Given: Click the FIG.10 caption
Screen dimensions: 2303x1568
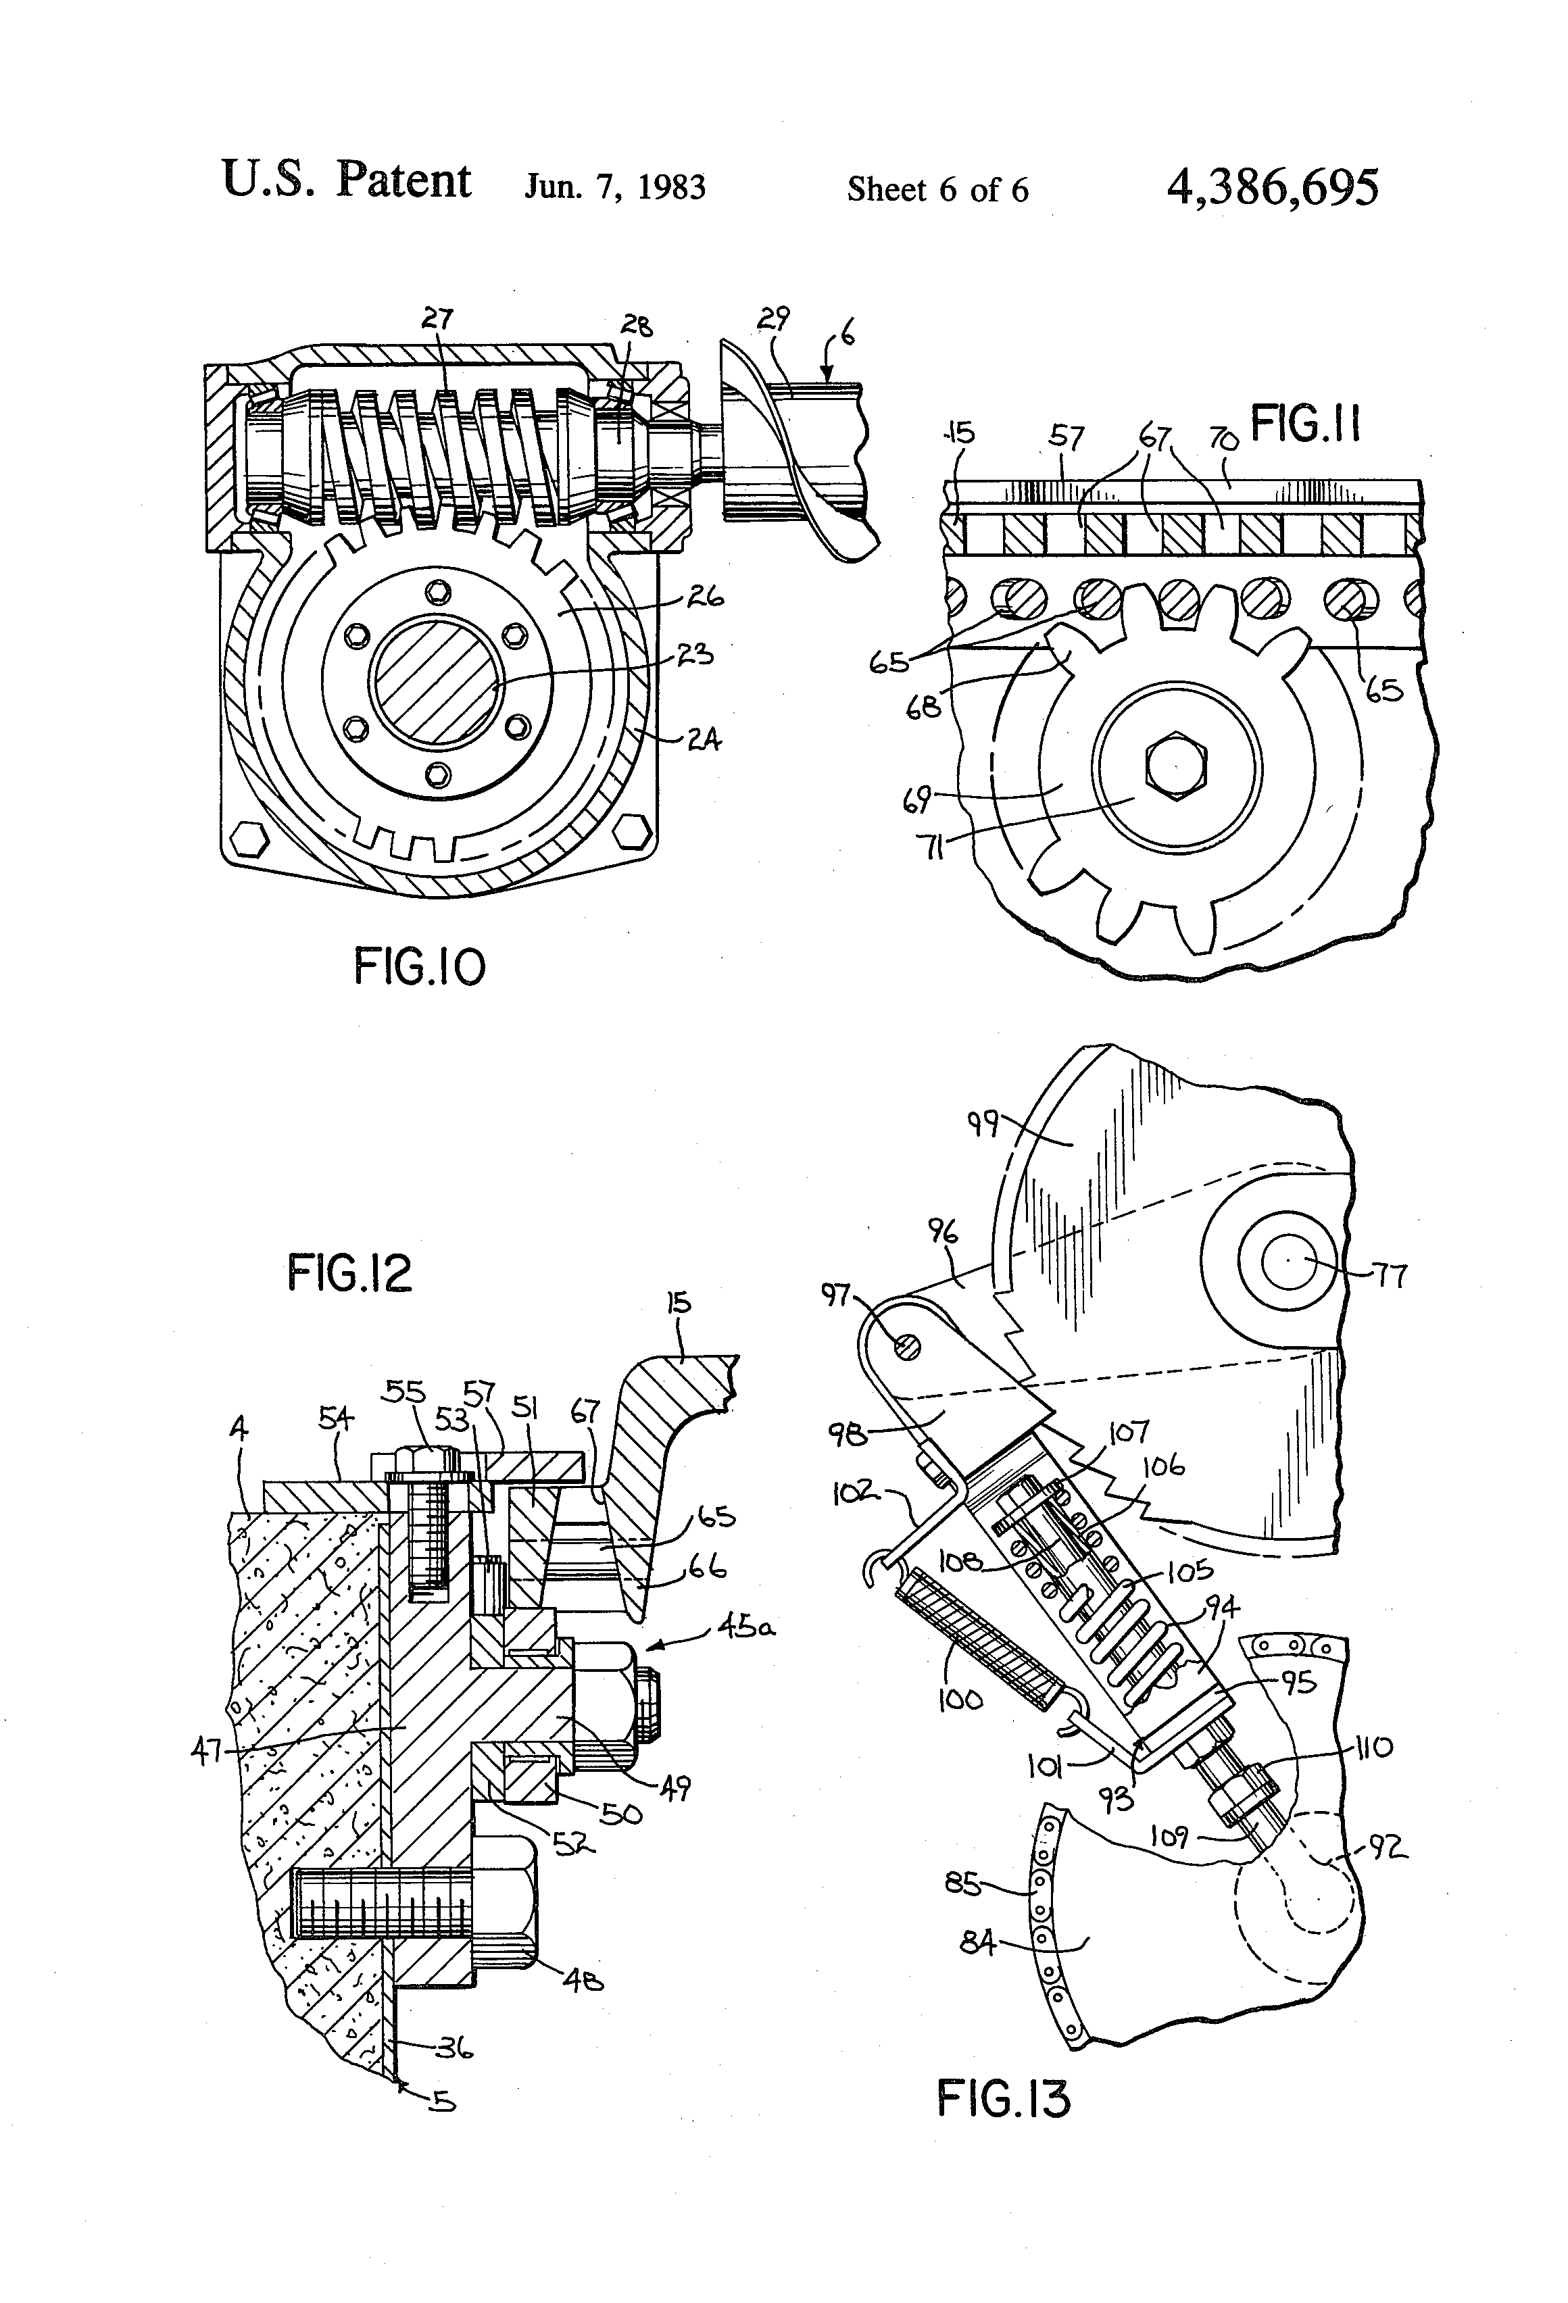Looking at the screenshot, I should coord(419,966).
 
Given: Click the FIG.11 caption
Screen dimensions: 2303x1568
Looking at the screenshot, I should coord(1305,423).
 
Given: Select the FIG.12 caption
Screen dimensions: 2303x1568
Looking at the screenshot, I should coord(349,1272).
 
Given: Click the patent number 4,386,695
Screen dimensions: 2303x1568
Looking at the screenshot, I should coord(1272,187).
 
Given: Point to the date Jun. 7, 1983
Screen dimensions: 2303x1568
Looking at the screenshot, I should coord(614,187).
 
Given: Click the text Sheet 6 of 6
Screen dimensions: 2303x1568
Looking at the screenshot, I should coord(937,189).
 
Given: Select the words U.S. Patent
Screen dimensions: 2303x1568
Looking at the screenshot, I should coord(346,180).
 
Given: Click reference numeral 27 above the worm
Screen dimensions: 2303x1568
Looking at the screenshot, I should coord(437,318).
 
